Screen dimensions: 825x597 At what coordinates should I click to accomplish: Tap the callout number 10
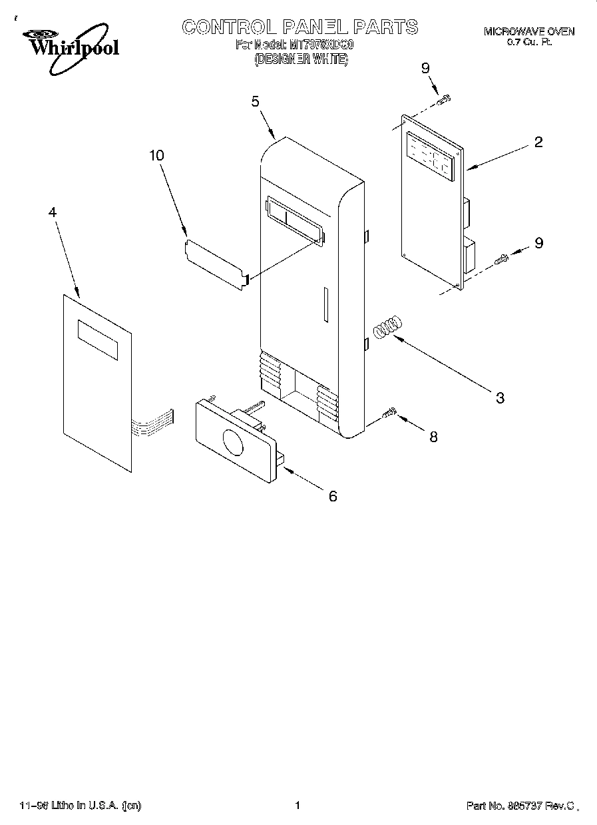point(156,155)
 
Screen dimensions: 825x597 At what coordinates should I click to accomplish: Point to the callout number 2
point(538,142)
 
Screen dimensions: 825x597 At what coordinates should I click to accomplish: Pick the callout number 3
point(500,398)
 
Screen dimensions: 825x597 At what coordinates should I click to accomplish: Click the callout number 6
point(333,495)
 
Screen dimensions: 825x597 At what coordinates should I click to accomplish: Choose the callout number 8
point(433,437)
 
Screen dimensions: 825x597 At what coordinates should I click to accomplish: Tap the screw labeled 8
point(390,415)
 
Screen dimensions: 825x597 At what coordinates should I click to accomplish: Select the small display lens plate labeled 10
point(216,263)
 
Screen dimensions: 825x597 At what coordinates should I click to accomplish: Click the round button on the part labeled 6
point(233,443)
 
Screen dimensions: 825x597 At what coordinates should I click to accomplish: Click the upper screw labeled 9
point(444,99)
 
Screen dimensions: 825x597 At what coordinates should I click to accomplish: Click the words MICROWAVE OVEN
point(528,31)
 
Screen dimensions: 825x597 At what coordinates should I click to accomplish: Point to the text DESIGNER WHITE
point(301,59)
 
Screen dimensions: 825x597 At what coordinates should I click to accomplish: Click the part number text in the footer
point(519,806)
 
